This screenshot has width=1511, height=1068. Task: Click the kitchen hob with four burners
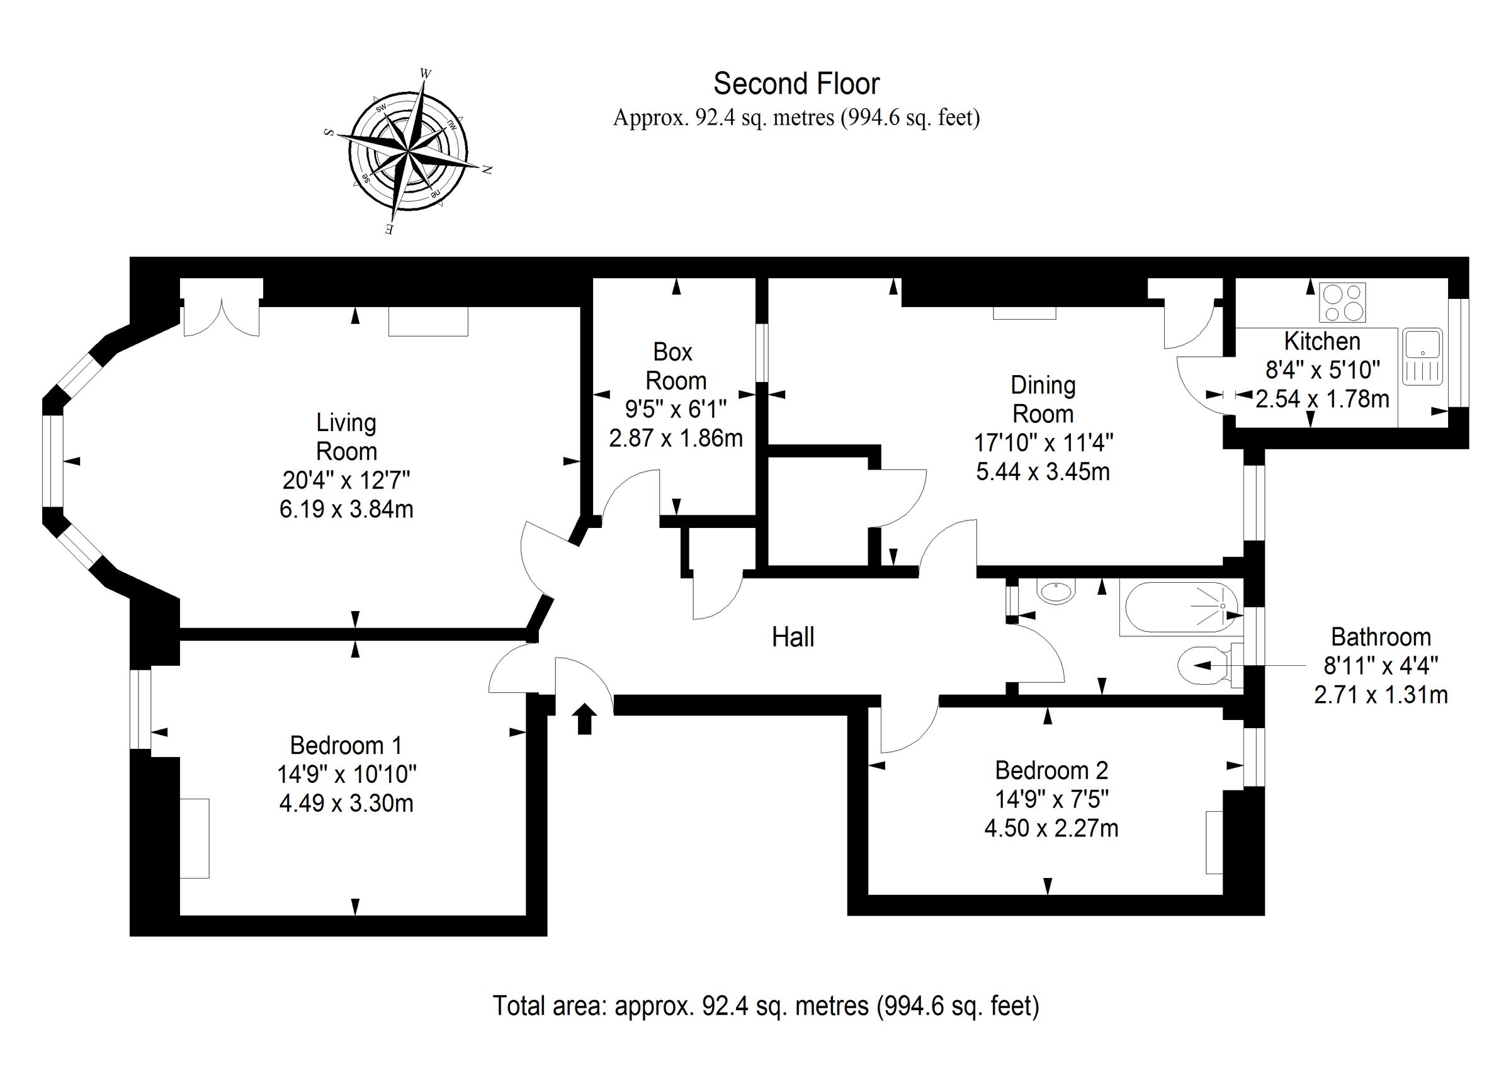click(x=1342, y=302)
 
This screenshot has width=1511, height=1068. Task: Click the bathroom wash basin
click(x=1056, y=590)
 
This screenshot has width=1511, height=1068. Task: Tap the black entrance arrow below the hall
click(x=584, y=719)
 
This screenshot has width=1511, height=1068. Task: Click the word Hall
click(x=793, y=637)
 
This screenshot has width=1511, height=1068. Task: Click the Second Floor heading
click(x=796, y=84)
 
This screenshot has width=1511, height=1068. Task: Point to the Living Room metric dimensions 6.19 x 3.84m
click(x=346, y=509)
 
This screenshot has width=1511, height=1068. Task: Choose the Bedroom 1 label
click(x=346, y=746)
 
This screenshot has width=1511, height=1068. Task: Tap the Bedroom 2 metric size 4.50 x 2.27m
click(x=1051, y=828)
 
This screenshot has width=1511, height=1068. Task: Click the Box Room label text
click(x=674, y=366)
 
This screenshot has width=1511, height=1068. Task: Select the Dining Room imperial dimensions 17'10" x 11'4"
click(x=1043, y=443)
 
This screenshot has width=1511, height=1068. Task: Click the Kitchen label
click(x=1322, y=342)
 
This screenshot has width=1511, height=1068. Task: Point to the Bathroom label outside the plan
click(x=1381, y=637)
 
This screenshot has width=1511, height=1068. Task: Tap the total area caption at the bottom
click(x=766, y=1006)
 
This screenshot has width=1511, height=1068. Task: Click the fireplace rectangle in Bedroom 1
click(x=195, y=838)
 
